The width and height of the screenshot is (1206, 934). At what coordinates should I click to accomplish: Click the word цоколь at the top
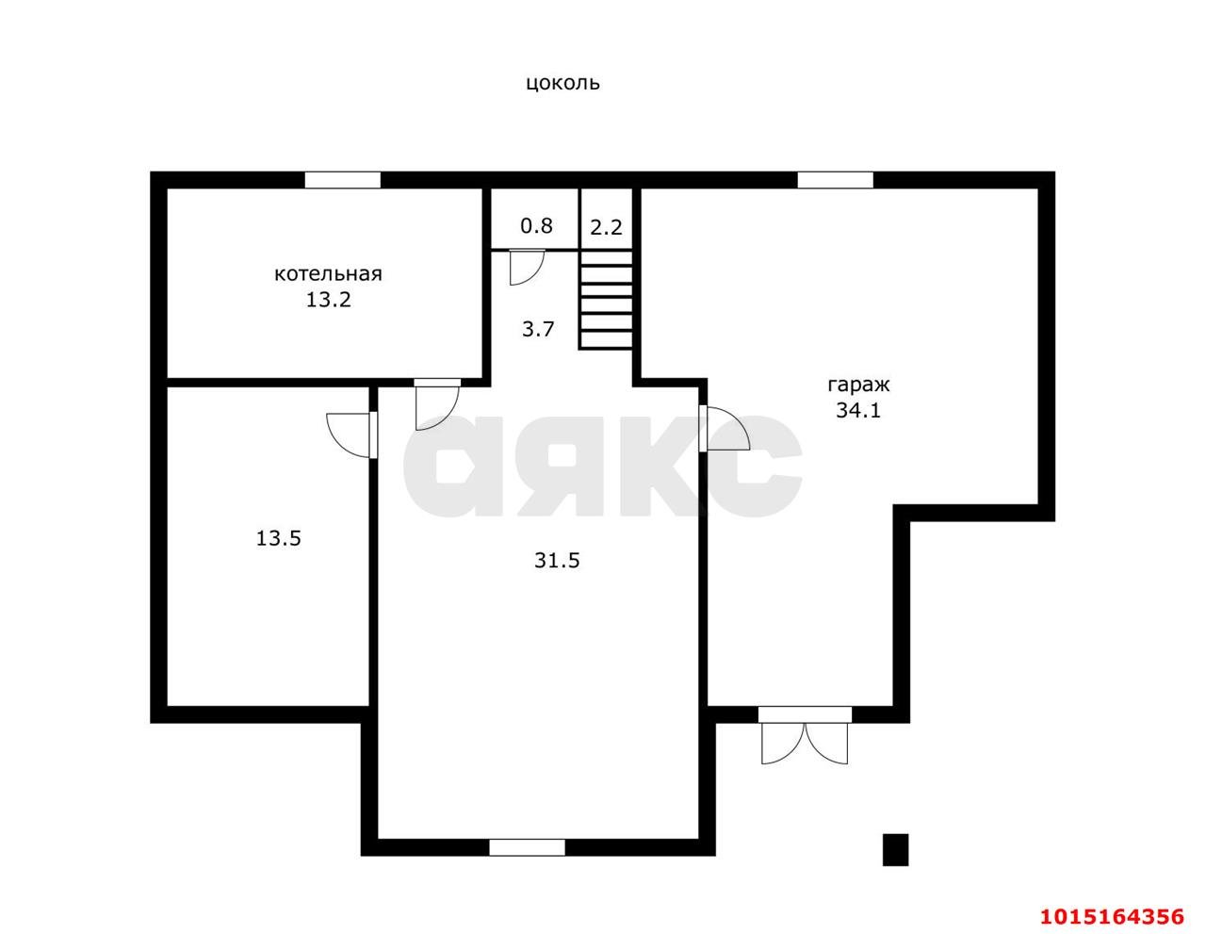(562, 83)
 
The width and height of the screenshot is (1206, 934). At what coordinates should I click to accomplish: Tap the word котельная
(329, 274)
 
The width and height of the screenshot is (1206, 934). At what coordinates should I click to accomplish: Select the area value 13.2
(329, 301)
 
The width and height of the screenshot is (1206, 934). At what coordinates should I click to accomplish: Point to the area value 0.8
(537, 226)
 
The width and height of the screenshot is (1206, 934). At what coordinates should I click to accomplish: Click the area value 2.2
(606, 227)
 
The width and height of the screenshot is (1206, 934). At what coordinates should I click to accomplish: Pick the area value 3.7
(538, 330)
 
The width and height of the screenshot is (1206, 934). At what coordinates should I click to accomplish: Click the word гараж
(858, 385)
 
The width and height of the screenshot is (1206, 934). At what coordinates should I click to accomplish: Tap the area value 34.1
(858, 410)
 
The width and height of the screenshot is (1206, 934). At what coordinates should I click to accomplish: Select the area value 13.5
(278, 538)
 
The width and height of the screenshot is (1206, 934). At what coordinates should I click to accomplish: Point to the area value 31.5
(557, 561)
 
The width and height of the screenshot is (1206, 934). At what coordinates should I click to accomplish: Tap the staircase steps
(606, 301)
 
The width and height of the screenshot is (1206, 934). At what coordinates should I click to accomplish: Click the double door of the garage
(805, 735)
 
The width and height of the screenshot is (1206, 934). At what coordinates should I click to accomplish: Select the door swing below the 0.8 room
(526, 268)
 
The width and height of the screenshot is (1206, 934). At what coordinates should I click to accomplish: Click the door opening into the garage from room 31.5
(725, 429)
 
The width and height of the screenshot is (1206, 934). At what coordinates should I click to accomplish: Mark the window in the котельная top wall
(343, 180)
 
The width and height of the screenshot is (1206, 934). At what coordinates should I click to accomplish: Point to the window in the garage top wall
(836, 180)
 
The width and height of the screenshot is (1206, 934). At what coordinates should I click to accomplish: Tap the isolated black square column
(896, 849)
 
